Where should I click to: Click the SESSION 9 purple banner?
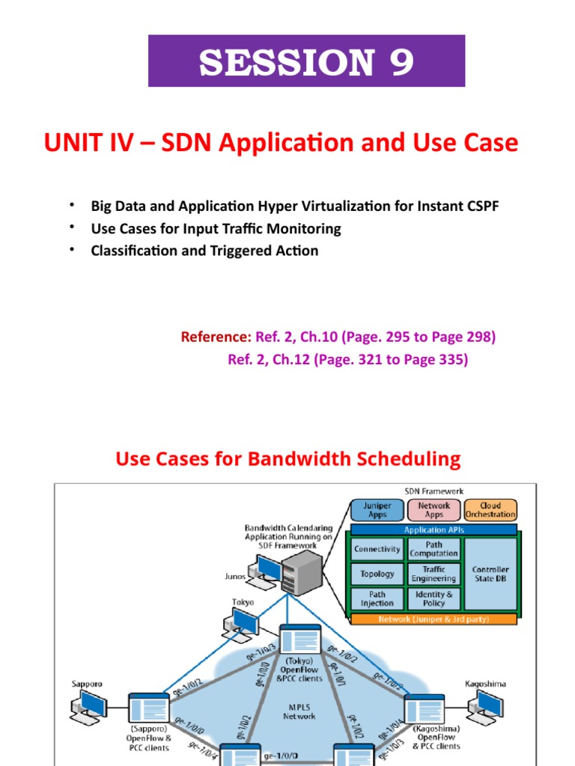click(x=306, y=61)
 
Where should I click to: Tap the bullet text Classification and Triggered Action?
click(x=204, y=251)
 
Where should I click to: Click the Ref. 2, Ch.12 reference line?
click(x=347, y=360)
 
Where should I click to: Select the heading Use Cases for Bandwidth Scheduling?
click(x=288, y=459)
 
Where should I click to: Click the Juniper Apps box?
click(x=377, y=509)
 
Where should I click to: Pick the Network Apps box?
click(x=434, y=509)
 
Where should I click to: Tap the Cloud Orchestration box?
click(x=490, y=509)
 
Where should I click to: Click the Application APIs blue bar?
click(x=435, y=530)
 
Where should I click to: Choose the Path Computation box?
click(x=433, y=549)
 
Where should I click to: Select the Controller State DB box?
click(x=490, y=574)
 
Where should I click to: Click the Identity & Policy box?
click(x=433, y=598)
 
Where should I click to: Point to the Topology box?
click(x=377, y=574)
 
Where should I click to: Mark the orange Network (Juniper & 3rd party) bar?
click(x=434, y=619)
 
